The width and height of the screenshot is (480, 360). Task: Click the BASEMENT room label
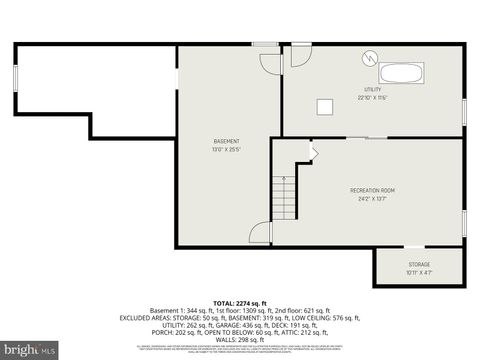226,141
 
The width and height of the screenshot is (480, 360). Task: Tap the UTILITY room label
372,89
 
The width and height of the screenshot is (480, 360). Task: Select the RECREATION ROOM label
372,190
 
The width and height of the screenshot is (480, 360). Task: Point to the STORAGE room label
418,264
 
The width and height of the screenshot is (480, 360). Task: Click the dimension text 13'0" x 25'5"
226,150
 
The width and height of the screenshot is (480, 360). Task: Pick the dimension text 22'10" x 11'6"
372,98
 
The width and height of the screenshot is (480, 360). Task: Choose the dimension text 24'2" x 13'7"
372,199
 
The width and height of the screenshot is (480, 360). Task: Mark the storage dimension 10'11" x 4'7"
418,272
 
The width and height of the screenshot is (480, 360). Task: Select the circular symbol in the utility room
370,58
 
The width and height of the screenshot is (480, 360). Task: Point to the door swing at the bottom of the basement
261,232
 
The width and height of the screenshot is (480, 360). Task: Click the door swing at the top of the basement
270,61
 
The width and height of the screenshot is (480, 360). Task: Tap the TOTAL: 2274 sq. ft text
239,302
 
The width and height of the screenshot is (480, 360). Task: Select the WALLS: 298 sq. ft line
239,339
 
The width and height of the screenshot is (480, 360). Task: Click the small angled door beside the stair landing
313,152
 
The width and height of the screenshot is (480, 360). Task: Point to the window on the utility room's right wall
464,111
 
